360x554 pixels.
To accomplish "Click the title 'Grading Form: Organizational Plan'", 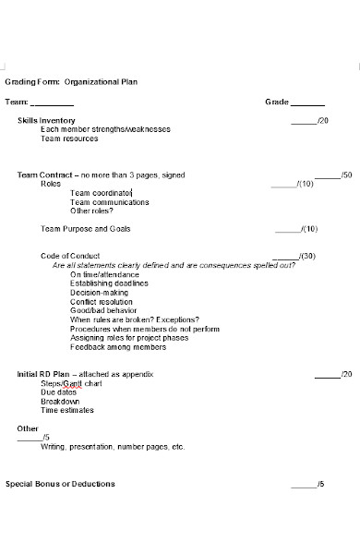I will click(71, 81).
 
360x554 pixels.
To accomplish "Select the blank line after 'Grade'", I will click(307, 103).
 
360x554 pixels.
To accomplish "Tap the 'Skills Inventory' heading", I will click(46, 120).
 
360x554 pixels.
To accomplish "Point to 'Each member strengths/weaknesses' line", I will click(105, 129).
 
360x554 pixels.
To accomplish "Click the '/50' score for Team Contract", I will click(345, 175).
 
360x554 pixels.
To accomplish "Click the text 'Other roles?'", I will click(92, 211).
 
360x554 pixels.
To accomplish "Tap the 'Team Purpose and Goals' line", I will click(86, 228).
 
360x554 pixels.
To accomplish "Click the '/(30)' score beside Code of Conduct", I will click(307, 256).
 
